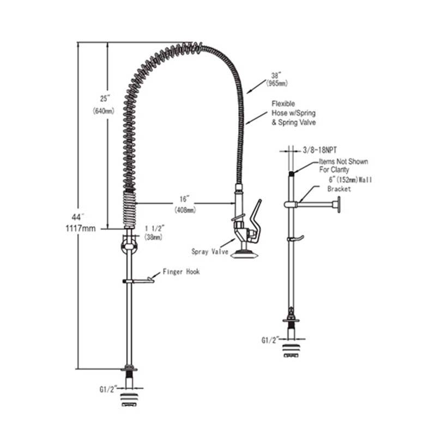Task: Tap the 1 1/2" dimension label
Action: (x=154, y=229)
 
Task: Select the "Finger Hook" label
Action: (x=181, y=271)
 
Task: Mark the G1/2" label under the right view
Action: (x=271, y=340)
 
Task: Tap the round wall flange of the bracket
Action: (x=338, y=204)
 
